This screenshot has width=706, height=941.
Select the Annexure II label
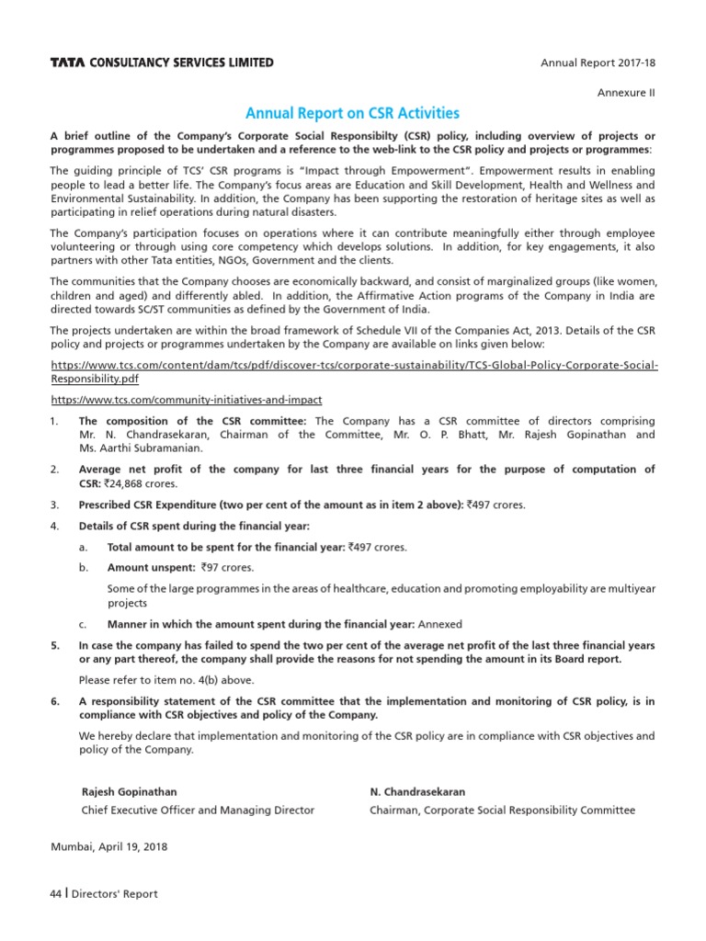[x=627, y=93]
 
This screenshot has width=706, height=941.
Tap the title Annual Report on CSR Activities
[x=352, y=114]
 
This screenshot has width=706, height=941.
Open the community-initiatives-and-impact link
[x=186, y=400]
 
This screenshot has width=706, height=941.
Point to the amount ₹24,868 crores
[x=140, y=482]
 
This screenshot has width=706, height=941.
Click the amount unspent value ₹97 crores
[x=220, y=568]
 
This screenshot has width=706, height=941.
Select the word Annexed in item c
[x=440, y=624]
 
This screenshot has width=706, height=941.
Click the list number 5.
[x=54, y=645]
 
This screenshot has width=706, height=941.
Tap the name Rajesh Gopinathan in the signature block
[x=130, y=791]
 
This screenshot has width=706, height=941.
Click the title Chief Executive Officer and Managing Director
[x=198, y=810]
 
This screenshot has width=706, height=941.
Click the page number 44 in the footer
[x=56, y=894]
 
